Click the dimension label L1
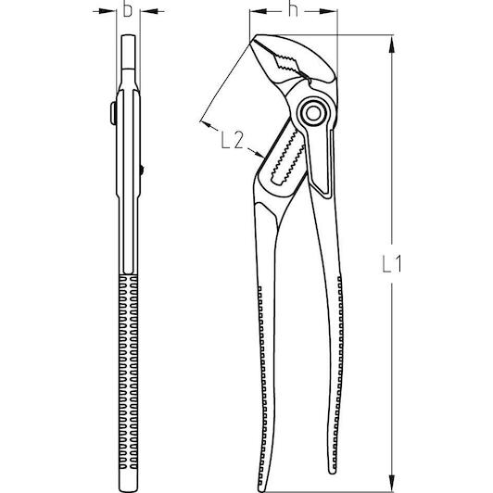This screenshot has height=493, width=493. point(391,263)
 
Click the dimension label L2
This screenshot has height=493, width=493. point(232,140)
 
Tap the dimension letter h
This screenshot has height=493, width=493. point(293,9)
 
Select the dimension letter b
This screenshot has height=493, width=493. point(128,9)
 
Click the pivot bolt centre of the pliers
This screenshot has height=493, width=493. point(313,113)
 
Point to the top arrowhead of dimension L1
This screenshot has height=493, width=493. point(391,44)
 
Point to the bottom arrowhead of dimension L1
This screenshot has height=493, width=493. point(391,482)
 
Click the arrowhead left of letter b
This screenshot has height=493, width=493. point(107,11)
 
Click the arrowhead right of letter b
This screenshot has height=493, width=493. point(148,11)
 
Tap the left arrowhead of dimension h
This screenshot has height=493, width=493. point(259,11)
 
